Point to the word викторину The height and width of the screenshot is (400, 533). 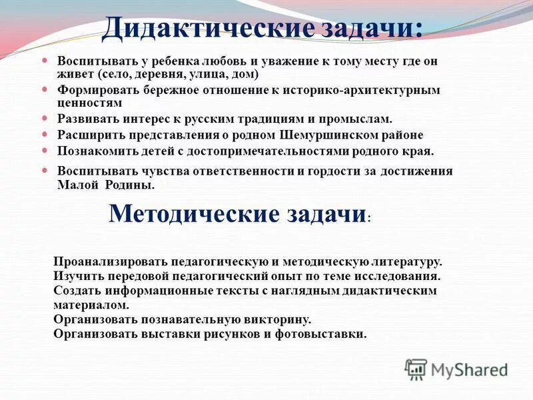[x=278, y=319]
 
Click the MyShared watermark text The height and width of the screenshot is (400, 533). [x=469, y=369]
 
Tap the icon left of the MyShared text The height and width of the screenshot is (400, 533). [x=416, y=369]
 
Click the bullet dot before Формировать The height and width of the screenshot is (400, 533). [x=45, y=89]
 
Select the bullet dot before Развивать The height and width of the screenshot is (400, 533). [x=45, y=118]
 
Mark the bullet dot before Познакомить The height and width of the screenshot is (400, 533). [x=45, y=150]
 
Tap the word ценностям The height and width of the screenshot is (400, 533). [x=90, y=103]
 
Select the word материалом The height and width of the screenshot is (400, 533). [x=91, y=305]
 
